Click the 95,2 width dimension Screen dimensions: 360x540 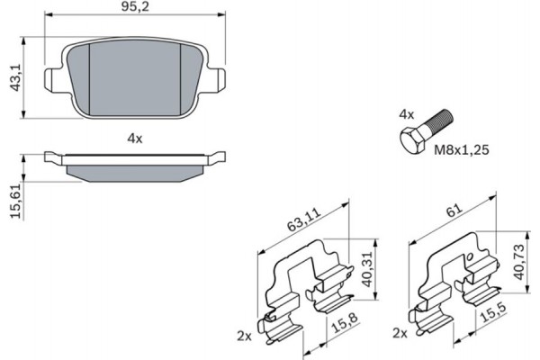coord(136,8)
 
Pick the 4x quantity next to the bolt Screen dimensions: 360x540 coord(406,115)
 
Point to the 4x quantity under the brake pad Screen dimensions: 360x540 coord(135,139)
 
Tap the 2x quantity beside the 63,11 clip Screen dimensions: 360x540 coord(244,334)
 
